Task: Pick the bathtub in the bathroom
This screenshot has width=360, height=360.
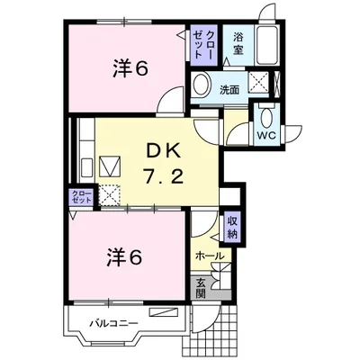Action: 268,42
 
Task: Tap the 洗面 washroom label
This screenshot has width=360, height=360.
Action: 229,89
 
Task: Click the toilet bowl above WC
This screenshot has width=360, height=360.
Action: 267,117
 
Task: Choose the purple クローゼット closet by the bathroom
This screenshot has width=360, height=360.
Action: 203,44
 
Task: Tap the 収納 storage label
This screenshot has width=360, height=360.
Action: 231,229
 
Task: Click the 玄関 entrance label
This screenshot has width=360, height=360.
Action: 201,288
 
